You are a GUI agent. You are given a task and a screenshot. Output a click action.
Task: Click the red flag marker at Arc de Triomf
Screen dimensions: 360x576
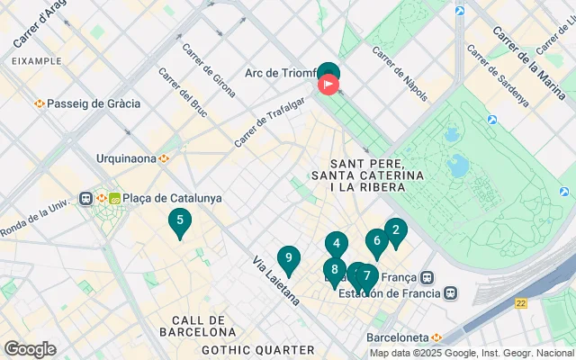pos(328,85)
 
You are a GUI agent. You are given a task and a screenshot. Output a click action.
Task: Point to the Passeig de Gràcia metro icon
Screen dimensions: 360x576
pos(40,103)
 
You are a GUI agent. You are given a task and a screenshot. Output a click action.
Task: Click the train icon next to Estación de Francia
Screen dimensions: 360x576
pos(449,292)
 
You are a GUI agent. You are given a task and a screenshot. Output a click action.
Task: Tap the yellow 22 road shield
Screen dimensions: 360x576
pos(521,303)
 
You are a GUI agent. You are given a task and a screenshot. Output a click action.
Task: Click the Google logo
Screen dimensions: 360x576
pos(30,348)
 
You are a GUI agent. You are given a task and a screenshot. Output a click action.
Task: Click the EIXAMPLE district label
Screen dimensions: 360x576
pos(37,61)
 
